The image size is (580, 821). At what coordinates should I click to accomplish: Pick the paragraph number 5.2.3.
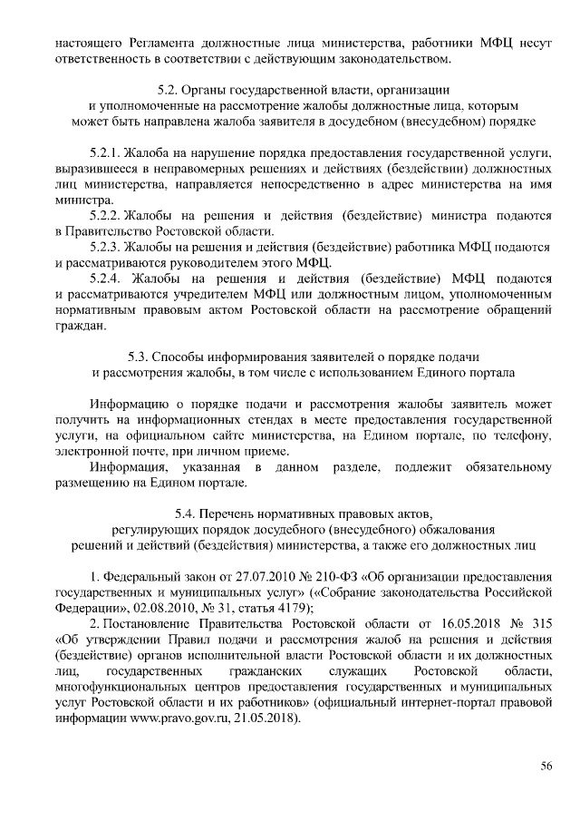[x=105, y=247]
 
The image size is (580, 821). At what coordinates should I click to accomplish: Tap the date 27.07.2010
[x=259, y=577]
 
